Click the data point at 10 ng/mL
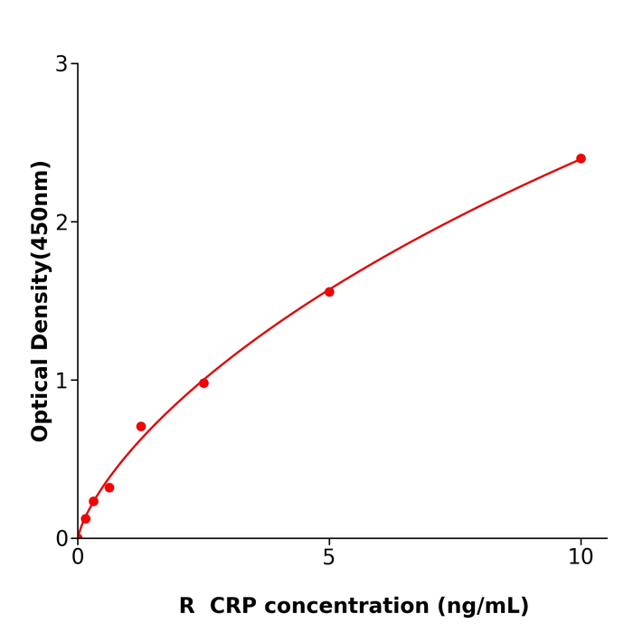(x=581, y=158)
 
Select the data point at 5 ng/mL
(x=329, y=291)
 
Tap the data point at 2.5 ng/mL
(x=203, y=383)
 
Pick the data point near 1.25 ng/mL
(x=141, y=426)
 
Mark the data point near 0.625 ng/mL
(x=109, y=487)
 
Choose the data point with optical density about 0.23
(x=93, y=501)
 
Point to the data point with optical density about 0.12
(x=86, y=518)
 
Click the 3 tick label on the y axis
(x=61, y=64)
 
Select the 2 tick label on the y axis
(x=61, y=222)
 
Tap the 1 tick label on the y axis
(x=61, y=381)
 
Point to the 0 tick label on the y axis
(x=61, y=538)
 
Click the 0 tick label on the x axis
(x=78, y=558)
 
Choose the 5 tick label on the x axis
(x=329, y=558)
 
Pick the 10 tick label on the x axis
(x=581, y=558)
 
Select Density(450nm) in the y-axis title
(x=41, y=256)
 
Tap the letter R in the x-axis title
(x=187, y=606)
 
